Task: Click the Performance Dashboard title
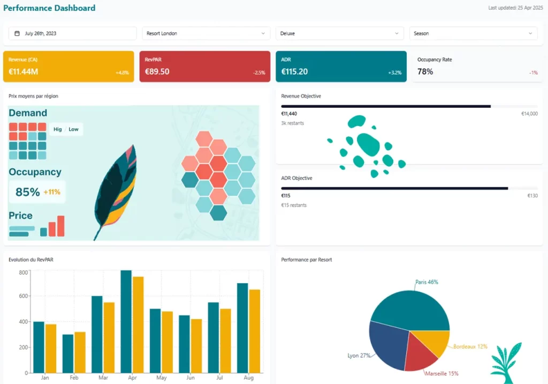49,8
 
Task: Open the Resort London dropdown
206,33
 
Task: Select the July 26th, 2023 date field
73,33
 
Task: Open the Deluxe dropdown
340,33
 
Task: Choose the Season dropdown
474,33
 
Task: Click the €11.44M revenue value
24,72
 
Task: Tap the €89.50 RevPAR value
157,72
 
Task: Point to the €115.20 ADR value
294,72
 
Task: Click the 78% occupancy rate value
425,72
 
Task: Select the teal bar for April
126,322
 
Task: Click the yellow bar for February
80,352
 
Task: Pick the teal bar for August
242,328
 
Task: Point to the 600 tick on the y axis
23,297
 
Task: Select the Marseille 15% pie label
442,374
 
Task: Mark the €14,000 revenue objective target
529,114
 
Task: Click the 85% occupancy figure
28,192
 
